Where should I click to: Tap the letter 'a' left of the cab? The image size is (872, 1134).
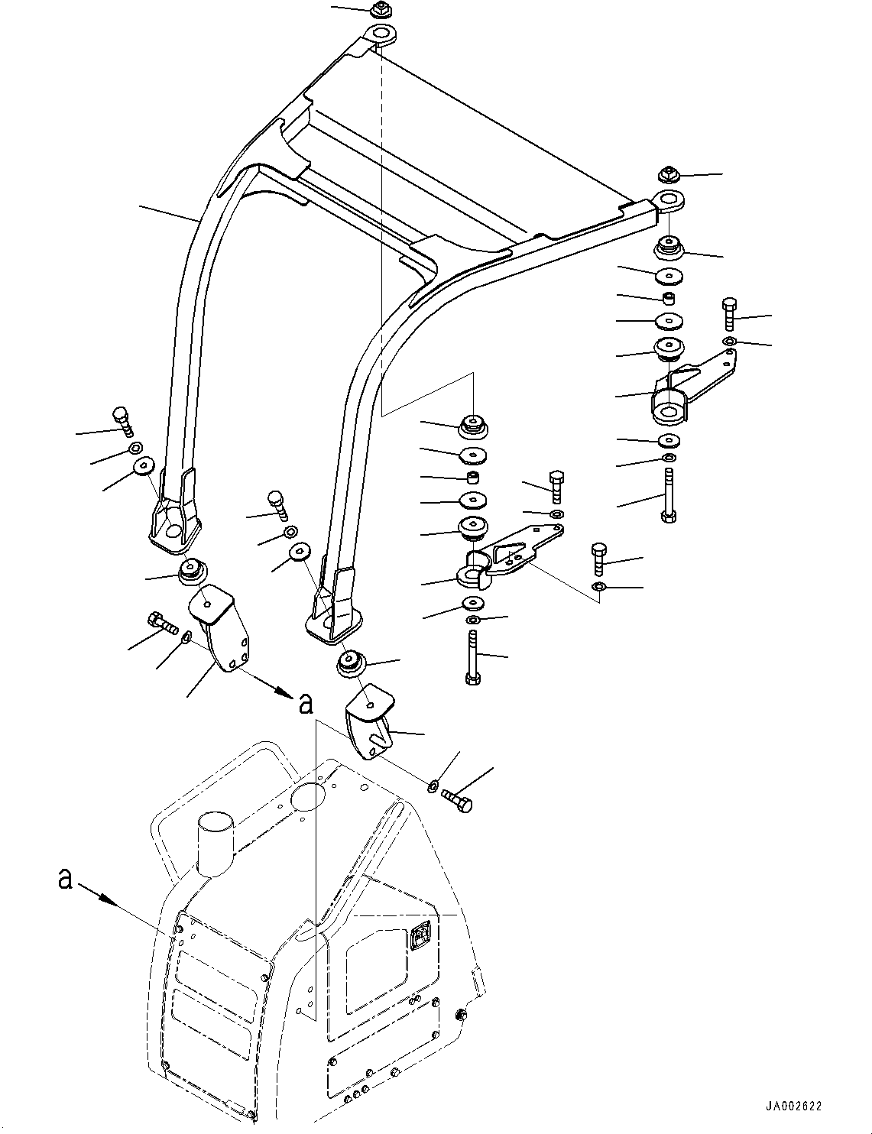[x=66, y=880]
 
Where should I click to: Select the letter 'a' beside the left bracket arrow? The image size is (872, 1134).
[x=306, y=703]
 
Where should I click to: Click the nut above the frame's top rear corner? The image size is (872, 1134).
[x=380, y=11]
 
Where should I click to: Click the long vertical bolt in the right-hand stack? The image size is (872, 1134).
[x=669, y=496]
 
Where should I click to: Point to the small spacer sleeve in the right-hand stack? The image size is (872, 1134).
[x=669, y=296]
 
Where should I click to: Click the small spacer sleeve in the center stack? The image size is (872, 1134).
[x=474, y=478]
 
